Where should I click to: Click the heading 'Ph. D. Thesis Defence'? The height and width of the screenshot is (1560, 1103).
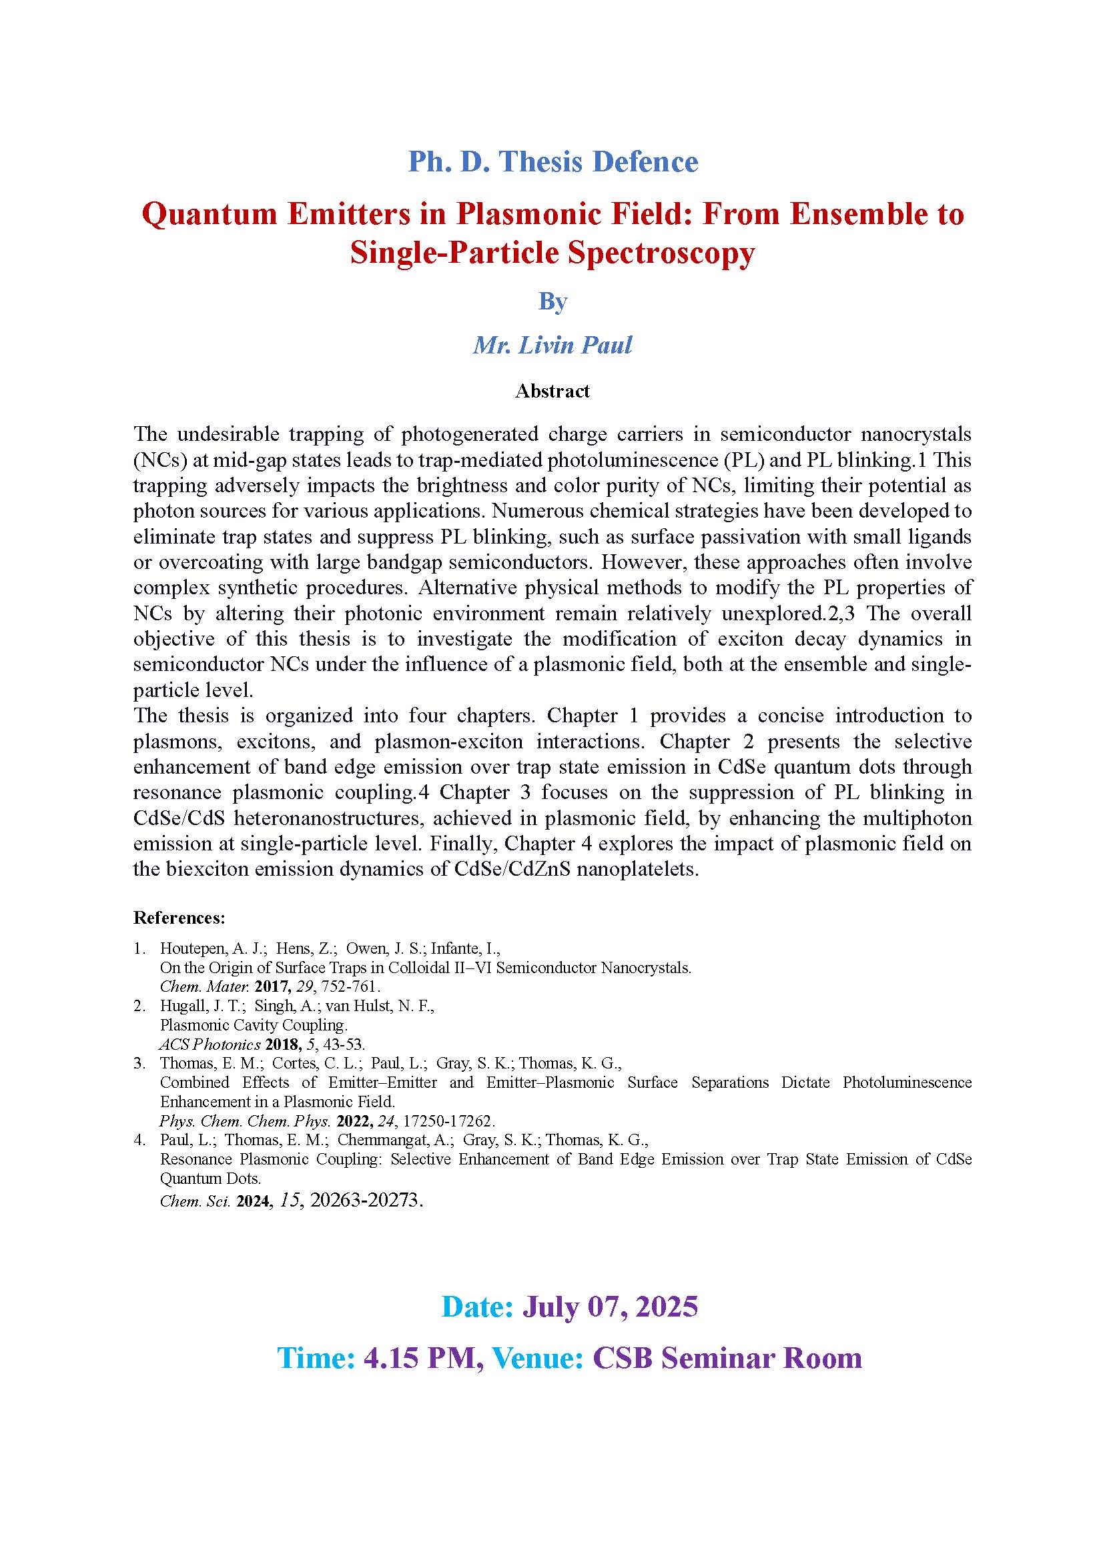[x=553, y=161]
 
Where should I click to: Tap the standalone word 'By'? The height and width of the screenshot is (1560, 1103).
[x=553, y=301]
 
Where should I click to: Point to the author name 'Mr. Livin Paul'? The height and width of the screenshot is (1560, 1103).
[x=553, y=345]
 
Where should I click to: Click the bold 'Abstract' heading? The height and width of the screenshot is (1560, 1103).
[x=552, y=392]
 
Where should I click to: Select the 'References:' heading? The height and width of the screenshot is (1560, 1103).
[x=179, y=918]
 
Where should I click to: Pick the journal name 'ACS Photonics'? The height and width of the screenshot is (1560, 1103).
[x=210, y=1044]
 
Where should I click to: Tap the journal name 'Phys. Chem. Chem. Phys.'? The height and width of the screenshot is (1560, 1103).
[x=246, y=1121]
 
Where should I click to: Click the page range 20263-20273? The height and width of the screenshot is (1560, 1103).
[x=365, y=1200]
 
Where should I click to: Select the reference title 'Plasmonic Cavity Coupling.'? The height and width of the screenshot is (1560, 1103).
[x=254, y=1025]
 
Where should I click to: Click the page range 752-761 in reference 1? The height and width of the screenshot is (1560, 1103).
[x=350, y=986]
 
